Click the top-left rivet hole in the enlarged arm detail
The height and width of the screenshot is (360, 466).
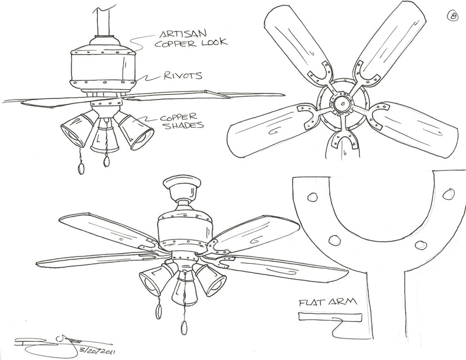(311, 196)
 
